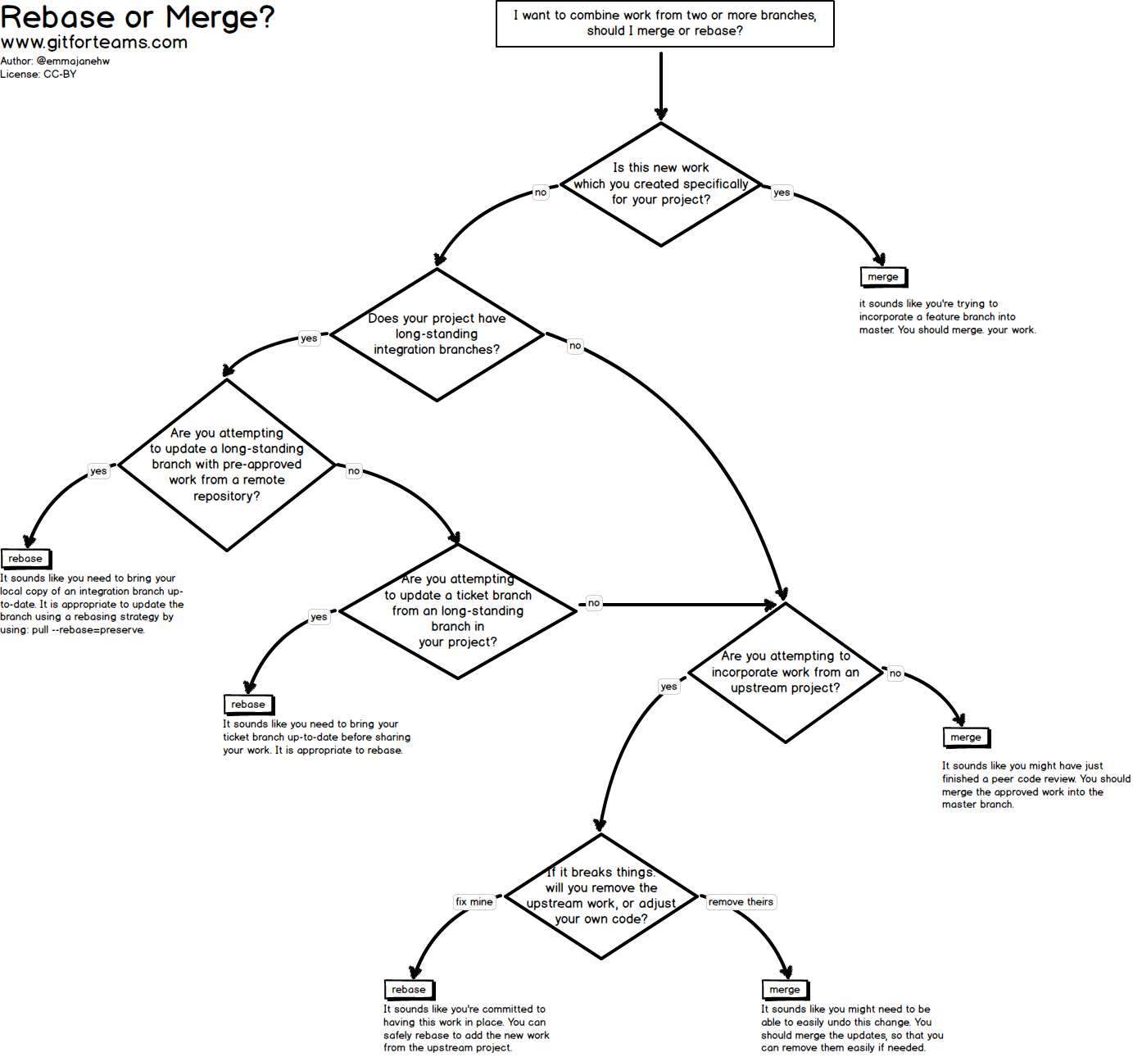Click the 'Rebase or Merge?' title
(138, 17)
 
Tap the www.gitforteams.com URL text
(94, 43)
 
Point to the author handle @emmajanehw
(73, 61)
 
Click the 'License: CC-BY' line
(39, 75)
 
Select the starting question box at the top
(664, 24)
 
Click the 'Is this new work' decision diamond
(661, 184)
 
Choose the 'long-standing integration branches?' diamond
(437, 334)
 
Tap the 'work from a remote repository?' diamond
(227, 465)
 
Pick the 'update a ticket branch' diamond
(458, 611)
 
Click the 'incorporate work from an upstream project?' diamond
(786, 673)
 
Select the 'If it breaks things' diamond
(601, 896)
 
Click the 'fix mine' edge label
(474, 902)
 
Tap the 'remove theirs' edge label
(741, 902)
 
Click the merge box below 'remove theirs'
(785, 990)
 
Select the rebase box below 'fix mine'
(409, 990)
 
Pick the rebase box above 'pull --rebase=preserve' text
(25, 559)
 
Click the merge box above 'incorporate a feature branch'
(883, 277)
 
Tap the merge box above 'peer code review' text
(966, 737)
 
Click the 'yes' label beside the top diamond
(782, 193)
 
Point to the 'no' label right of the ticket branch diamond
(594, 603)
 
